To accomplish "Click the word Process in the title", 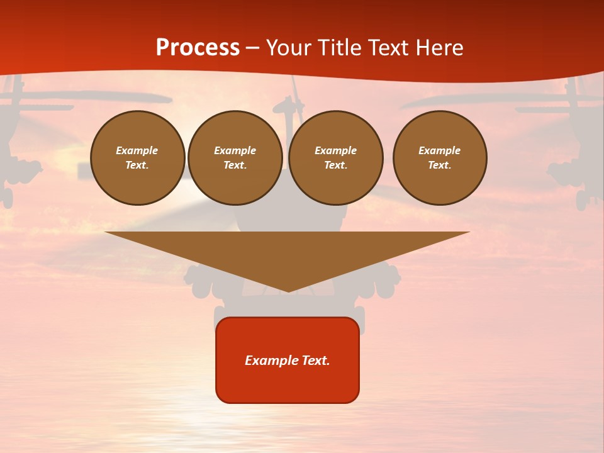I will (198, 48).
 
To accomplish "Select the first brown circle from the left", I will (138, 158).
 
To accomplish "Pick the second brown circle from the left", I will (235, 158).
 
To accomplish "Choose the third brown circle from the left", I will (336, 158).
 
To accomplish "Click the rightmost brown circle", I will (440, 158).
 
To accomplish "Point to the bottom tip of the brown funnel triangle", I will (288, 290).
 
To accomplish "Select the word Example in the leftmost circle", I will (137, 150).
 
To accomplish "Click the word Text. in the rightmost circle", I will (440, 165).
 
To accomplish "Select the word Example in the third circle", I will (336, 150).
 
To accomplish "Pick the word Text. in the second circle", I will (235, 165).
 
